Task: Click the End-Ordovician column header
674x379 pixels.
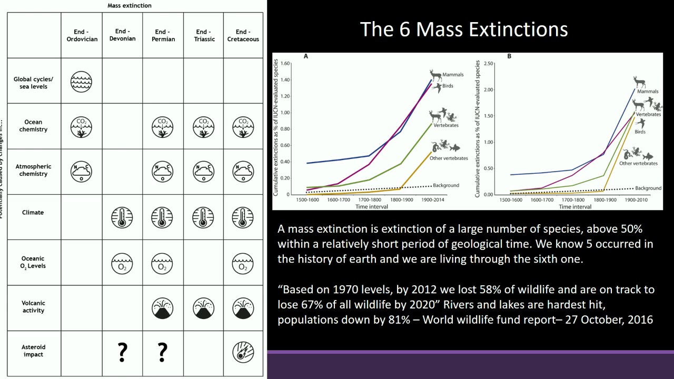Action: (82, 35)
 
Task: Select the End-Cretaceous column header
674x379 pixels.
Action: (243, 35)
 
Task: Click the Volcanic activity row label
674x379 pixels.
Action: (33, 306)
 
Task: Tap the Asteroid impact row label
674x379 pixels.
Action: (33, 351)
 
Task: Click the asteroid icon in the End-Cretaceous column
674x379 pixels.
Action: (243, 353)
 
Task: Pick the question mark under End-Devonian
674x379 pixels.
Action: (122, 352)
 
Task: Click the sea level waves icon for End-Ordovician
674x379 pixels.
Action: (81, 82)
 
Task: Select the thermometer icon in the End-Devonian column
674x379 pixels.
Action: (122, 217)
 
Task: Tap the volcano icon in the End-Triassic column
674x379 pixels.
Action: (203, 308)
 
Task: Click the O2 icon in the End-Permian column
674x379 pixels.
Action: (162, 264)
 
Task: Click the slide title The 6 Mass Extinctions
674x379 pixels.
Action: (464, 29)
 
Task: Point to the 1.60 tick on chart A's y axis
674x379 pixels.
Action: (285, 64)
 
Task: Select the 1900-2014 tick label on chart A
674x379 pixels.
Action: (433, 200)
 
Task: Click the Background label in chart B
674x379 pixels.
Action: (648, 188)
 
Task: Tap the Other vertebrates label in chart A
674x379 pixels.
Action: (449, 158)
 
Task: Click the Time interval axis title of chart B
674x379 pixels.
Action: (575, 207)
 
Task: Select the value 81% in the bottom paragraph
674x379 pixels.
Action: (399, 320)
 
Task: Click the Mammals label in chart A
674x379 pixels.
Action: (453, 75)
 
